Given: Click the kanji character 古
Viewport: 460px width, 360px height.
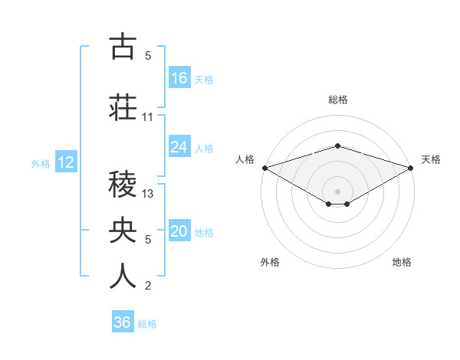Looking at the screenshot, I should (x=123, y=47).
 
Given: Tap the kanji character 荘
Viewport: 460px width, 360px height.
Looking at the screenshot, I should (x=123, y=107).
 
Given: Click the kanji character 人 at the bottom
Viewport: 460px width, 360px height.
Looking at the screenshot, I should (x=123, y=277).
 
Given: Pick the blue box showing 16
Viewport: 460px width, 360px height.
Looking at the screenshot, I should (x=179, y=78).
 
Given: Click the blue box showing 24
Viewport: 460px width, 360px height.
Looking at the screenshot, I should (x=179, y=147).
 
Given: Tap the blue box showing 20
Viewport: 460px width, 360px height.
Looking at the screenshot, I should (x=179, y=232).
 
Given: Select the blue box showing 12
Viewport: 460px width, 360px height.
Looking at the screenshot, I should (x=65, y=162).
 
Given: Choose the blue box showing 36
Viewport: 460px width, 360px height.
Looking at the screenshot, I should (x=123, y=322).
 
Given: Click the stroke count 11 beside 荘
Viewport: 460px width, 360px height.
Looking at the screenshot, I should (x=148, y=117).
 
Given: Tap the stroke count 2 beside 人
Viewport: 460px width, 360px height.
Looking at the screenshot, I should (x=148, y=286).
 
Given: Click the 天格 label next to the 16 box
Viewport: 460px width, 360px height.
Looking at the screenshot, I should (x=204, y=79).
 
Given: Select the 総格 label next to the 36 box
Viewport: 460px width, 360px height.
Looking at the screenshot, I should (x=147, y=323).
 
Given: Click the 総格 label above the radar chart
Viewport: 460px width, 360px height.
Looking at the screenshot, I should (x=337, y=100).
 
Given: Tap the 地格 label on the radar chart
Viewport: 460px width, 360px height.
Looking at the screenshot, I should (x=402, y=262).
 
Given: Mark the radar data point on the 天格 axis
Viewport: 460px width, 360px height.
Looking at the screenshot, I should (x=412, y=167).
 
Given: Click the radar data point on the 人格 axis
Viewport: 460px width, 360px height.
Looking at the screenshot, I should (x=264, y=167).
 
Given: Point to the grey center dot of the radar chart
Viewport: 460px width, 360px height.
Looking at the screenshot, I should (x=337, y=191).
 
